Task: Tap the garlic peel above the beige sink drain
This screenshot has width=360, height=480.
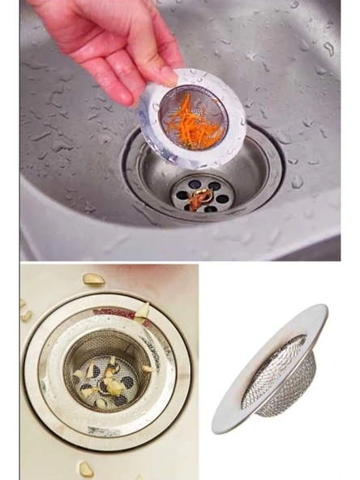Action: point(93,279)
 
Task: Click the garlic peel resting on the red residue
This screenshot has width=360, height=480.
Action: point(143,310)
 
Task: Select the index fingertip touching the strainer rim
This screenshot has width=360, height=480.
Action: point(168,76)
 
